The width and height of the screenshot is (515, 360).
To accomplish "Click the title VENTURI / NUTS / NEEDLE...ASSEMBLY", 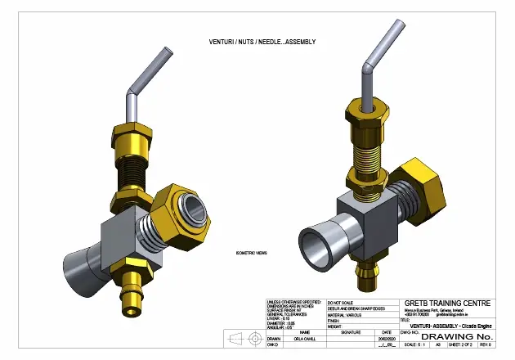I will coord(262,42).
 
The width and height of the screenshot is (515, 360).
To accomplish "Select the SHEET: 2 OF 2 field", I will coord(462,345).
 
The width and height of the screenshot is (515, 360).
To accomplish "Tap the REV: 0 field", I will coord(489,345).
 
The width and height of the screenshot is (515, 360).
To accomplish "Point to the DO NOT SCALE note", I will coord(342,302).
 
